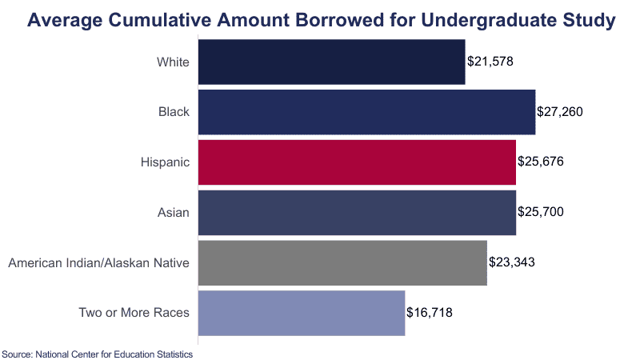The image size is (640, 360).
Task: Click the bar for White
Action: [x=330, y=62]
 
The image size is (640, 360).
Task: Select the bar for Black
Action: [x=366, y=112]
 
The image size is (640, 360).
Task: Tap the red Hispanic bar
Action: [x=356, y=162]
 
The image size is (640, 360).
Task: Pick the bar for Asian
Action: [x=356, y=212]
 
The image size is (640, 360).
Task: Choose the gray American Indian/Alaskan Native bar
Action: [x=342, y=262]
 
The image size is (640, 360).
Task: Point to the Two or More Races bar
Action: [x=301, y=312]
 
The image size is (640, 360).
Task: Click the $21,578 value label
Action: [x=490, y=62]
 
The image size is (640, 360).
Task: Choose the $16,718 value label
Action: [x=430, y=312]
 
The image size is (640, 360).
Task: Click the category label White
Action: [x=173, y=62]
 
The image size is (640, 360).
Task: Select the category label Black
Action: [x=174, y=112]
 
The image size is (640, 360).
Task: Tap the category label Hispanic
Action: [x=165, y=162]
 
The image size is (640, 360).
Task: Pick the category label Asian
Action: [x=173, y=212]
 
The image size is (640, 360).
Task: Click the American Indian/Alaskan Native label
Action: [x=98, y=262]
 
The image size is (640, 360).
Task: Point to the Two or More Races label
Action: [x=134, y=312]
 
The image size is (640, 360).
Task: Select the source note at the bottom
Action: [x=98, y=353]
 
